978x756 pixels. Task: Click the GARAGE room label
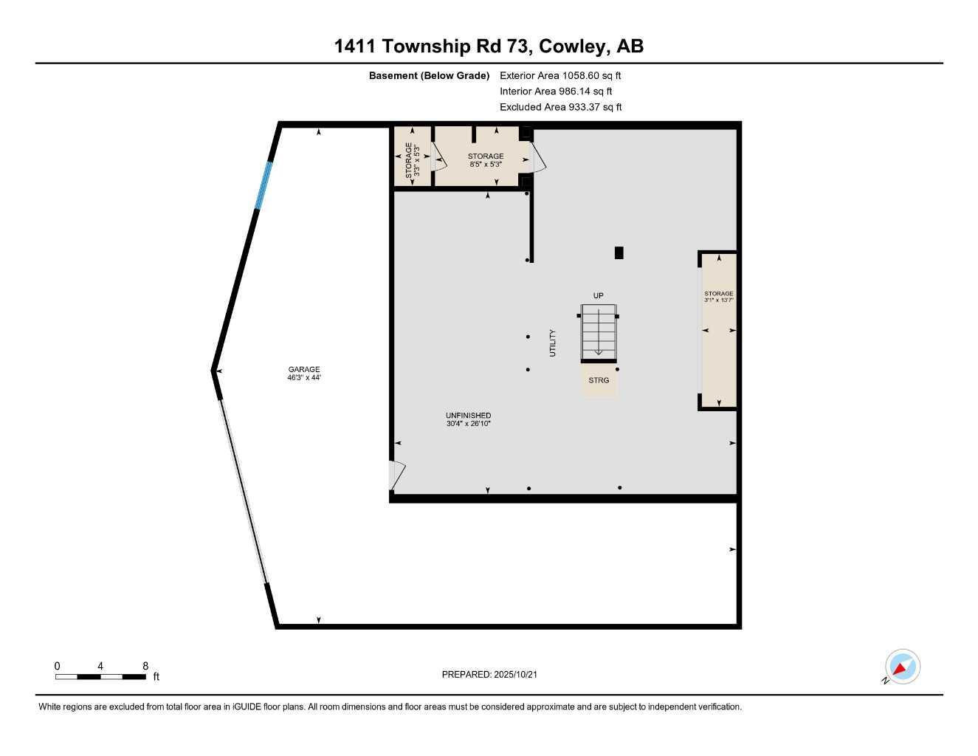pyautogui.click(x=304, y=369)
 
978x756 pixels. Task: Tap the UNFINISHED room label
pyautogui.click(x=468, y=416)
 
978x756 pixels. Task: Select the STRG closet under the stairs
pyautogui.click(x=599, y=380)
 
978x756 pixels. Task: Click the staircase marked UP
pyautogui.click(x=598, y=333)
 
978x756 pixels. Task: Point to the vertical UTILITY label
pyautogui.click(x=552, y=343)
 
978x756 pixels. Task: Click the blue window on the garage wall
pyautogui.click(x=264, y=185)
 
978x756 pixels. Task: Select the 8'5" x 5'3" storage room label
pyautogui.click(x=485, y=160)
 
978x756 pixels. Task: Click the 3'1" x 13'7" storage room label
pyautogui.click(x=718, y=297)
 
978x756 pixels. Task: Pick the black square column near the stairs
pyautogui.click(x=619, y=252)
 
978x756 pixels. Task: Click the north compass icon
pyautogui.click(x=902, y=667)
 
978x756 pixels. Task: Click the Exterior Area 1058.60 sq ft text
pyautogui.click(x=560, y=75)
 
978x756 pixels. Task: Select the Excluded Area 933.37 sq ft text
pyautogui.click(x=560, y=107)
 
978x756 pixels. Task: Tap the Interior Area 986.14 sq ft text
pyautogui.click(x=556, y=92)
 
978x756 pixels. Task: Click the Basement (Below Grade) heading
pyautogui.click(x=429, y=75)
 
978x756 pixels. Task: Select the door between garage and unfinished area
pyautogui.click(x=397, y=475)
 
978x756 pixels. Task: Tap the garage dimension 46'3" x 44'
pyautogui.click(x=304, y=378)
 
